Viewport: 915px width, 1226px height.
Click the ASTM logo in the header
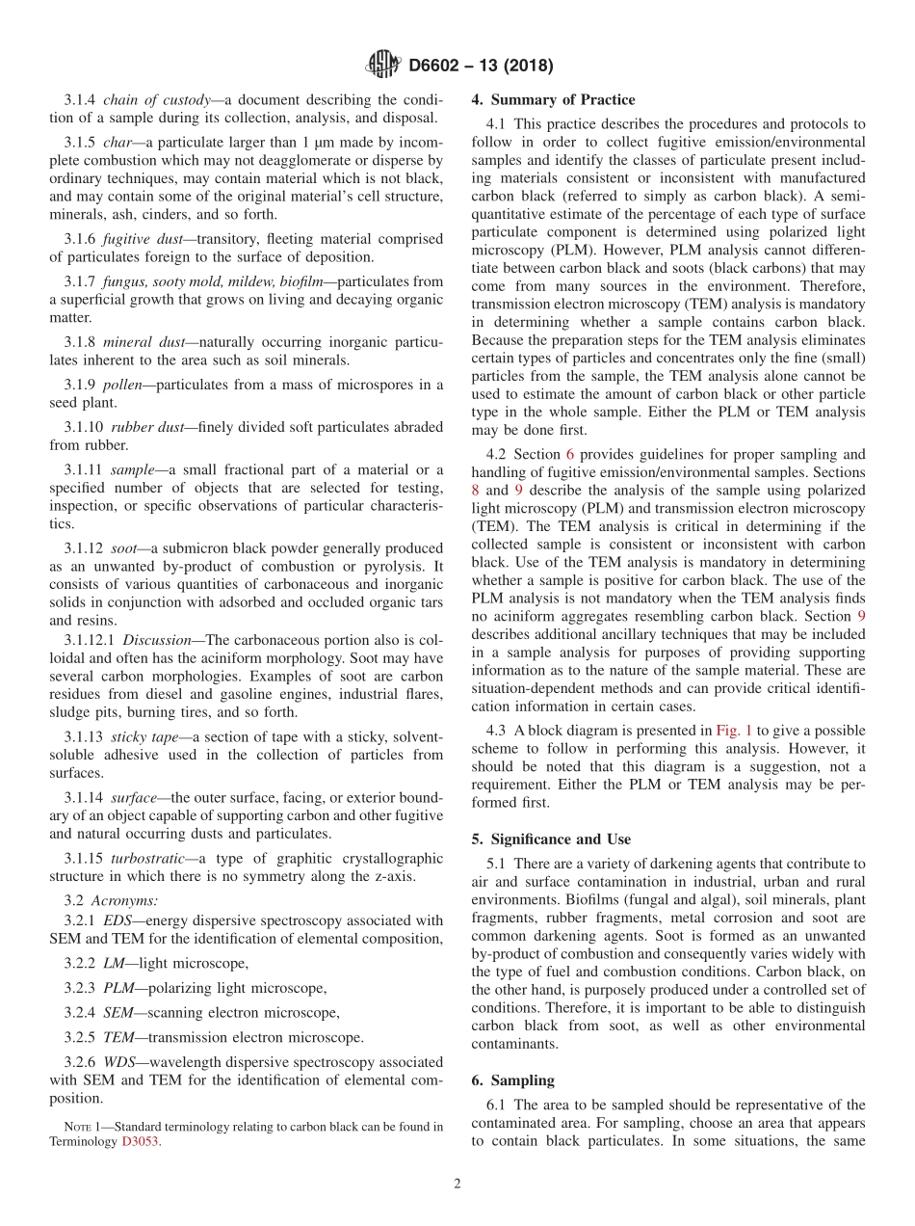coord(383,66)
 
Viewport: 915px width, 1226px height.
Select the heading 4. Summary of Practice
coord(553,99)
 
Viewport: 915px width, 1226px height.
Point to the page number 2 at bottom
coord(457,1185)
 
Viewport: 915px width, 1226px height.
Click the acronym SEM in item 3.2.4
coord(119,1012)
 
